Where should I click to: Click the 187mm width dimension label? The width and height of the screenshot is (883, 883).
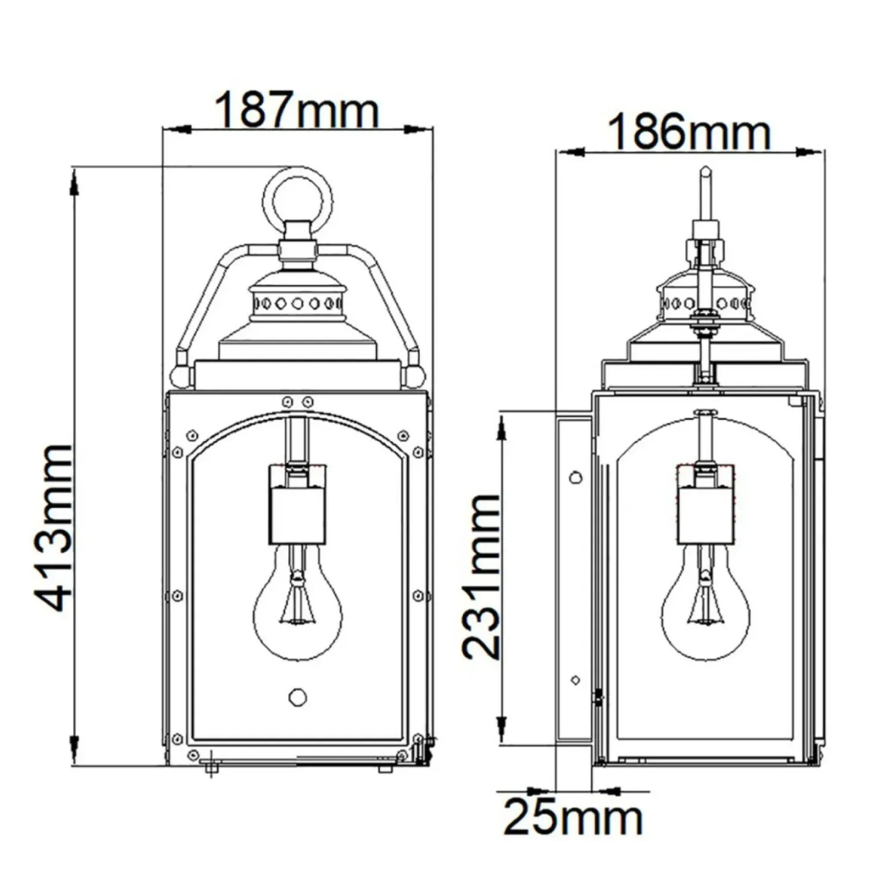tap(297, 109)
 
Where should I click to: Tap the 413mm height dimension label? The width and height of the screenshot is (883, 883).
tap(53, 527)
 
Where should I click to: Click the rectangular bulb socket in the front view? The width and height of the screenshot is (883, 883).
tap(297, 504)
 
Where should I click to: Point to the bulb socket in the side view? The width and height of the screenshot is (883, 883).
tap(706, 504)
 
